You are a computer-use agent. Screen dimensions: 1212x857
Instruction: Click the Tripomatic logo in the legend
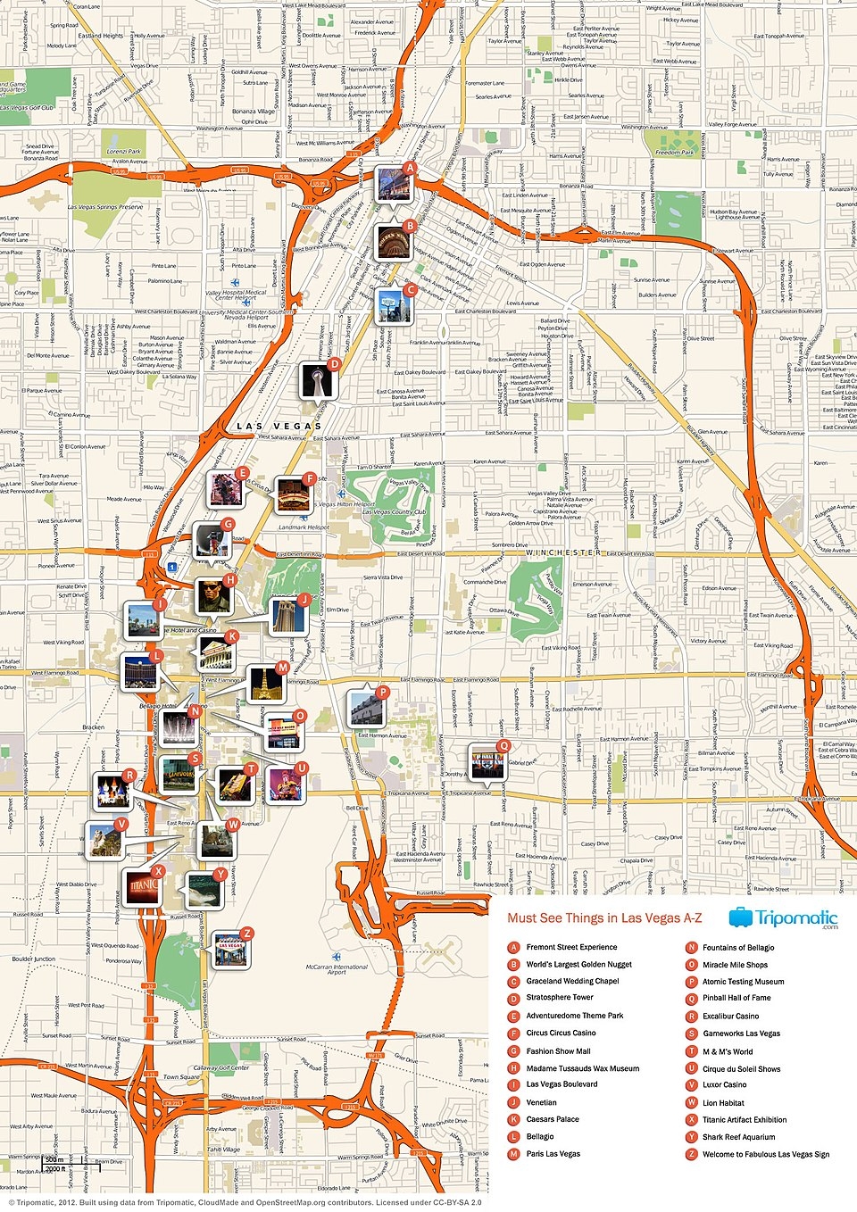(x=783, y=918)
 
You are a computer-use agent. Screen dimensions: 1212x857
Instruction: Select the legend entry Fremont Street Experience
(x=571, y=947)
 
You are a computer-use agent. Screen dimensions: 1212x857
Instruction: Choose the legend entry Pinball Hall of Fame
(x=736, y=998)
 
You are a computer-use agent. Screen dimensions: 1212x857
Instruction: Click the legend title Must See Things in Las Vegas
(x=604, y=918)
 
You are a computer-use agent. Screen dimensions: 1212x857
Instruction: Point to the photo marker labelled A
(x=393, y=184)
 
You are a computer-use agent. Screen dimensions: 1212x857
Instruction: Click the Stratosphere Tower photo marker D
(x=316, y=379)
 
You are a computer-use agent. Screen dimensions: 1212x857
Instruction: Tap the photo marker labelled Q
(x=487, y=761)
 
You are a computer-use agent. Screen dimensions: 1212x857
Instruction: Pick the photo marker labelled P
(x=365, y=708)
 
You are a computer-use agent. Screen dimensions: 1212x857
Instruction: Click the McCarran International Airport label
(x=337, y=969)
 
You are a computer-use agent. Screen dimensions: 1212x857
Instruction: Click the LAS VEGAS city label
(x=279, y=427)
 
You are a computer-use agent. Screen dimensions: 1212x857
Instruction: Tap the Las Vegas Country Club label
(x=394, y=512)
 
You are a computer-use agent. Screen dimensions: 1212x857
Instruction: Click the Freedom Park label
(x=674, y=153)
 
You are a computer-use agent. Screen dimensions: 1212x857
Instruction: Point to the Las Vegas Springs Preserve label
(x=105, y=207)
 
